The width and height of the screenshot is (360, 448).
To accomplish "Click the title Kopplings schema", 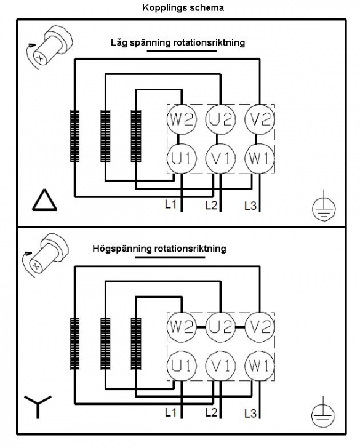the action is (x=183, y=8).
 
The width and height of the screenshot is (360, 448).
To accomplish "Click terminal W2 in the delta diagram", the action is (x=182, y=119).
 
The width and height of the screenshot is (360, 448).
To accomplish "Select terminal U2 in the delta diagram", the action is (x=220, y=119).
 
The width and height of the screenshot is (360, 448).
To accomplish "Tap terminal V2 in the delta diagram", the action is (x=260, y=119).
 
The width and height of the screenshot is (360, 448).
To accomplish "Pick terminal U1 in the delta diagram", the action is (x=182, y=159).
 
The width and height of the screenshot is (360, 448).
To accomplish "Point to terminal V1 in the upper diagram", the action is (x=220, y=159).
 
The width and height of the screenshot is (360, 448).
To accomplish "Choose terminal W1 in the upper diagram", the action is (x=260, y=159).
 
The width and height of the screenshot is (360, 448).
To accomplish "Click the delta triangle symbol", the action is (x=44, y=200).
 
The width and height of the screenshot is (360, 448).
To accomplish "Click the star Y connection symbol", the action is (x=38, y=407).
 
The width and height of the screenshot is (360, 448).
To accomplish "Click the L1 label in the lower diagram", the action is (x=171, y=412).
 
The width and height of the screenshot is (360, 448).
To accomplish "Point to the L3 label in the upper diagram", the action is (x=250, y=206).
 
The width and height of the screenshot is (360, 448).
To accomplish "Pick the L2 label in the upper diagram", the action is (x=212, y=205).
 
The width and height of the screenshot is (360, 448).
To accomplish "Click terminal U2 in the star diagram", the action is (x=220, y=327).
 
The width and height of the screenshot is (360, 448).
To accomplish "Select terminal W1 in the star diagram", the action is (x=260, y=366).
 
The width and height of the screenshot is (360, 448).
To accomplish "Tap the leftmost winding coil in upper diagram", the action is (x=75, y=136).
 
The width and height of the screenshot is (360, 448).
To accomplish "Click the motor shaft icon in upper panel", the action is (x=49, y=47).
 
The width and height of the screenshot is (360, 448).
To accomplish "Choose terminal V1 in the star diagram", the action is (x=220, y=366).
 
